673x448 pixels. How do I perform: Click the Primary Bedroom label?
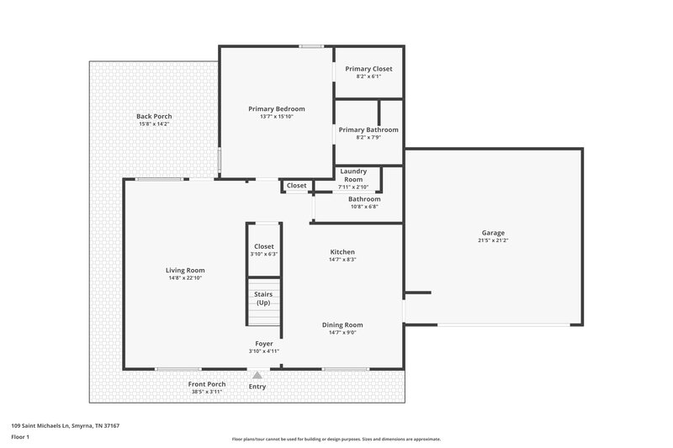coord(276,108)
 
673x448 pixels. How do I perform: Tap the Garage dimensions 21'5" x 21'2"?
coord(494,241)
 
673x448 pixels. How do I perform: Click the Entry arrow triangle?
coord(257,375)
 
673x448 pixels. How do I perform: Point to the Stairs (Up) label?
coord(263,298)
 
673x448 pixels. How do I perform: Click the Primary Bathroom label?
coord(368,129)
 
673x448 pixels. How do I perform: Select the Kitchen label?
coord(342,251)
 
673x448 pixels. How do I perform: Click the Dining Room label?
coord(342,324)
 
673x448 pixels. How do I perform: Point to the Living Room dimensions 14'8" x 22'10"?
coord(185,278)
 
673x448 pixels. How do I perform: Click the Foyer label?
coord(264,344)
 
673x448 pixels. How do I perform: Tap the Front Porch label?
coord(206,384)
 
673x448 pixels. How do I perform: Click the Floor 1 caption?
coord(20,437)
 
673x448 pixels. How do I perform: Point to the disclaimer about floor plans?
coord(336,439)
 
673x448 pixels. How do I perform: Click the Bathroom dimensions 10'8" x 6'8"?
coord(364,206)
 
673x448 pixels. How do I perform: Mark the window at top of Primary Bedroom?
coord(312,46)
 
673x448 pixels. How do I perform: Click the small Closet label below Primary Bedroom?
coord(296,186)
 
